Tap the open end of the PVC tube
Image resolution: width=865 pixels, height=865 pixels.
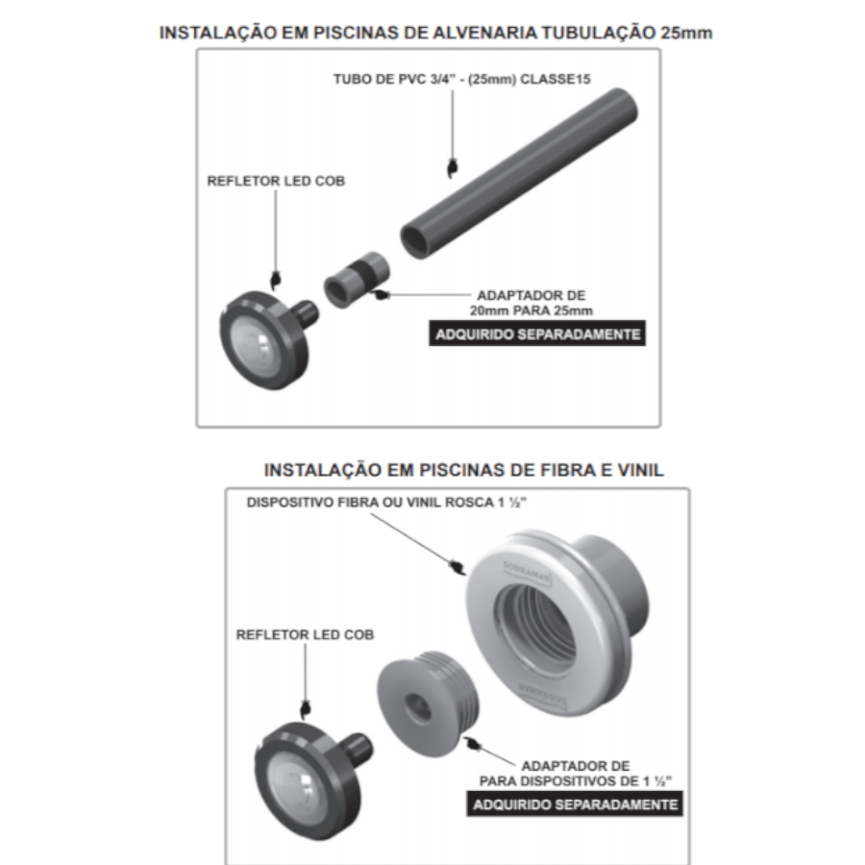click(x=415, y=241)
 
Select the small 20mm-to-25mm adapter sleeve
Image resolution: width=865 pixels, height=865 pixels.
click(x=357, y=279)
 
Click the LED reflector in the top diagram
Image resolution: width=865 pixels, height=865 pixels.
click(x=267, y=338)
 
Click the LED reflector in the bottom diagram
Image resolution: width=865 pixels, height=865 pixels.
click(x=311, y=778)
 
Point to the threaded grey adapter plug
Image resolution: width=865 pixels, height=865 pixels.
click(x=428, y=704)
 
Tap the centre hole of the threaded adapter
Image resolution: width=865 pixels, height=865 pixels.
click(x=417, y=706)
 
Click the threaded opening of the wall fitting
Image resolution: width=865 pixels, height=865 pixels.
click(x=535, y=628)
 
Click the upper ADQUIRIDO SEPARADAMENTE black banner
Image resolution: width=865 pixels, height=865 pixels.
click(x=537, y=334)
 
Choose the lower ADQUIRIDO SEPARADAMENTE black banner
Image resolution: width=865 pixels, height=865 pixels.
click(x=575, y=804)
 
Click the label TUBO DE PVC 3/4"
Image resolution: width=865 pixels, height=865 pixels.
click(x=394, y=80)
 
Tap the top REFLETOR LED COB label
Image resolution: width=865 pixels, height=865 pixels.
click(x=276, y=181)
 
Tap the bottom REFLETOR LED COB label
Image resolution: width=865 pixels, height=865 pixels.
click(x=305, y=635)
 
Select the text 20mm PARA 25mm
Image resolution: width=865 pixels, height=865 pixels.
click(x=531, y=310)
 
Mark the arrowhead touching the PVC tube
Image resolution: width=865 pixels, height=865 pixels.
click(x=453, y=168)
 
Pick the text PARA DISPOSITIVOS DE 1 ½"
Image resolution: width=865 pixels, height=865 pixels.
click(x=576, y=781)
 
